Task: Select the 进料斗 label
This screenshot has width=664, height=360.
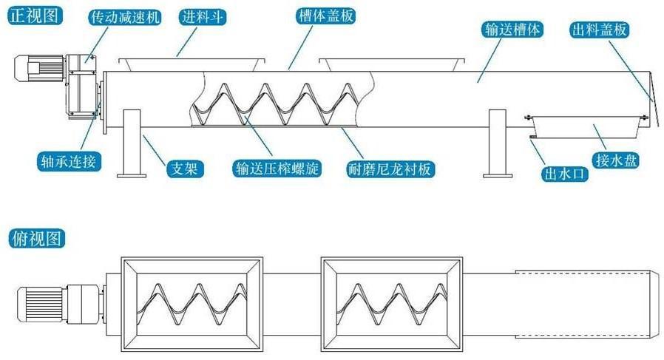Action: (202, 16)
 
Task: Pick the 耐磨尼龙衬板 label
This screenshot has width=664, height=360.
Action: (390, 169)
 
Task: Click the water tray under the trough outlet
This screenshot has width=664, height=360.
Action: (584, 126)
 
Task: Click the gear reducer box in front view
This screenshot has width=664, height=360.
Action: (81, 85)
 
